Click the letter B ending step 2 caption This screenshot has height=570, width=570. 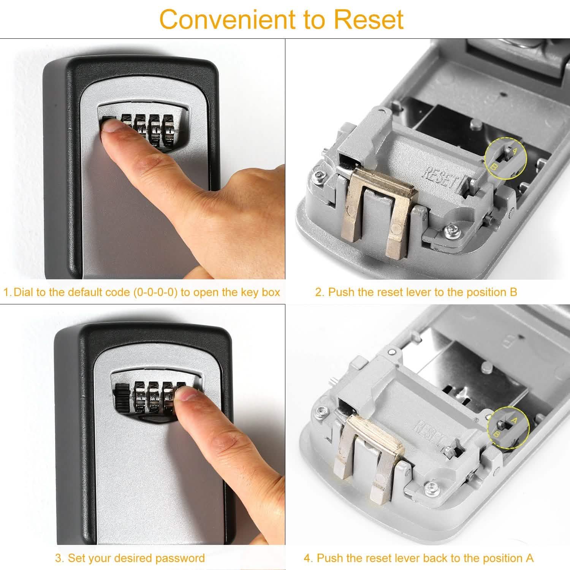513,292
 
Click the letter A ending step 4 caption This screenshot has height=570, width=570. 529,558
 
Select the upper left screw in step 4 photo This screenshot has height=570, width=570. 322,411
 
